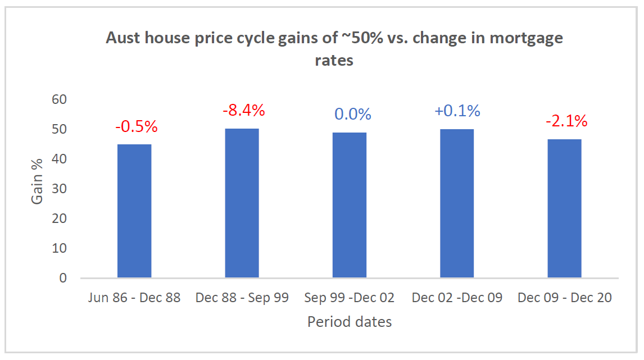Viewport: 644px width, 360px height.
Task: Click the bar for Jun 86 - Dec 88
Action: coord(134,211)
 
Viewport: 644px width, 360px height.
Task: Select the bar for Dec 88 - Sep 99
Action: coord(242,203)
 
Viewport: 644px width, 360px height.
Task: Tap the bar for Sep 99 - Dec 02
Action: coord(350,206)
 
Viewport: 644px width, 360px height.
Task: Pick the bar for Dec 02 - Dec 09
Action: coord(457,203)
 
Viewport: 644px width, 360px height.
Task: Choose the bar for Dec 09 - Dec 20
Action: coord(564,208)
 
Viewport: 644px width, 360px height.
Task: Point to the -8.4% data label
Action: coord(243,110)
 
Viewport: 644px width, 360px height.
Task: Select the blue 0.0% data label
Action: coord(353,115)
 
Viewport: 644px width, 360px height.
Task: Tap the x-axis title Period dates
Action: coord(349,322)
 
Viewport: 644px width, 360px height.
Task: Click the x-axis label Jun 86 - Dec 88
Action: coord(134,298)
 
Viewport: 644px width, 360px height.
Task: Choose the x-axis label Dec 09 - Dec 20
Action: coord(564,298)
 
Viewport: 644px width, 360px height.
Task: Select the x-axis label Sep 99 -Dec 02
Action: coord(350,298)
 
